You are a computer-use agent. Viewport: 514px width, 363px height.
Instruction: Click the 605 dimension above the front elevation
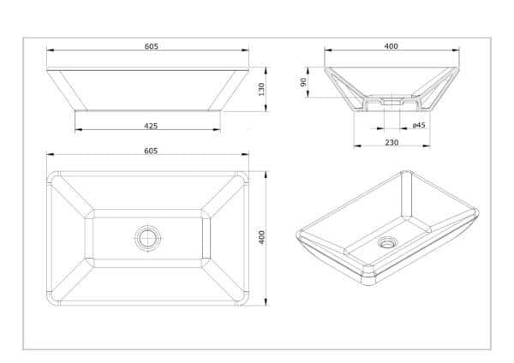(151, 46)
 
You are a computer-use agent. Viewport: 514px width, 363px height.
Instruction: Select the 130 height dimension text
(261, 89)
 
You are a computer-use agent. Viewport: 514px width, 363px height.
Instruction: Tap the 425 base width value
(151, 126)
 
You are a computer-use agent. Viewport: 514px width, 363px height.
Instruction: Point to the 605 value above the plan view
(151, 151)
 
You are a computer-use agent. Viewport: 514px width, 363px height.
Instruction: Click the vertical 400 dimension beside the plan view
(261, 237)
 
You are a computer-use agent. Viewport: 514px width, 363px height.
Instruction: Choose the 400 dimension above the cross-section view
(391, 46)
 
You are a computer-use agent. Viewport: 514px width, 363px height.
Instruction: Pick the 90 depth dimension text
(303, 82)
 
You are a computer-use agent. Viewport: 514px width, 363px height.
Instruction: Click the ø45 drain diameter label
(419, 125)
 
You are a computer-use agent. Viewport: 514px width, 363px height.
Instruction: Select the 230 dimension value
(391, 142)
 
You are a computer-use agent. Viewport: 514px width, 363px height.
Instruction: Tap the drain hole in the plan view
(148, 238)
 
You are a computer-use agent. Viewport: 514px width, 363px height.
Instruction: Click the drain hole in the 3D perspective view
(387, 242)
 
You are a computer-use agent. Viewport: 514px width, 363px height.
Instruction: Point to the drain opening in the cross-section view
(391, 101)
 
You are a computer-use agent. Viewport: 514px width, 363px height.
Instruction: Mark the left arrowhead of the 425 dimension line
(79, 130)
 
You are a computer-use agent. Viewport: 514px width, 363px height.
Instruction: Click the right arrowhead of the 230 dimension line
(427, 146)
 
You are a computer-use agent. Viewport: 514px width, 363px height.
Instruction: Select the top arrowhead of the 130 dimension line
(266, 71)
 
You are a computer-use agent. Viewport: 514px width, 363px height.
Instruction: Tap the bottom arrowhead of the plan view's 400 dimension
(266, 301)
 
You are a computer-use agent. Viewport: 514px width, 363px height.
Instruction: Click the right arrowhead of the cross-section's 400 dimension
(456, 51)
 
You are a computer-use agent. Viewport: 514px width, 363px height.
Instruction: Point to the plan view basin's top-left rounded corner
(51, 176)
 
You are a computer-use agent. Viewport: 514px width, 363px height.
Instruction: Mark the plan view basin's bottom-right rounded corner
(244, 301)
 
